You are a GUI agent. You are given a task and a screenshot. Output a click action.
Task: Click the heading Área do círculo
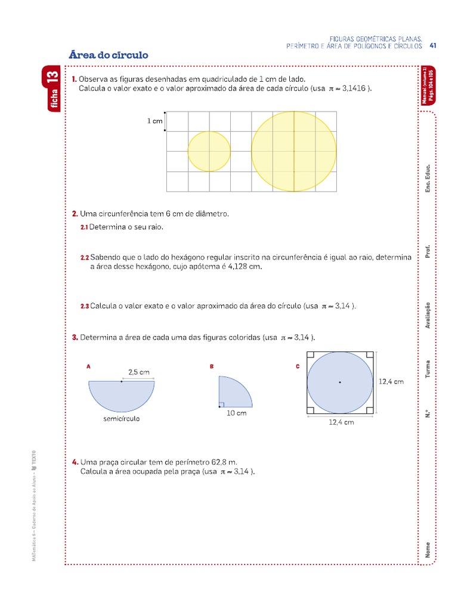(109, 55)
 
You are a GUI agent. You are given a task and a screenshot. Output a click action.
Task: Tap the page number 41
(434, 45)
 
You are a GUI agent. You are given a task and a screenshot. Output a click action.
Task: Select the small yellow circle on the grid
(209, 152)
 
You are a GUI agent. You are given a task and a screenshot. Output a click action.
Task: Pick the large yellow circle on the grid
(293, 152)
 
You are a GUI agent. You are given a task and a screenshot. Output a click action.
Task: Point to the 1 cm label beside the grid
(155, 121)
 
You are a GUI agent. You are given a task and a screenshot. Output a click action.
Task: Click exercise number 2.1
(84, 227)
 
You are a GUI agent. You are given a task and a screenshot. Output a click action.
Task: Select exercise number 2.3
(84, 306)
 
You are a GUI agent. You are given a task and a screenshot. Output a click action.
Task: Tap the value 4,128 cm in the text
(245, 267)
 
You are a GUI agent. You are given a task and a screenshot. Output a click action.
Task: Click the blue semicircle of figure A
(121, 394)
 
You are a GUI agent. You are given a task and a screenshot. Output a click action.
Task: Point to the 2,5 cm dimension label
(138, 372)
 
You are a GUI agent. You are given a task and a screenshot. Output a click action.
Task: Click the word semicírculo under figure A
(121, 419)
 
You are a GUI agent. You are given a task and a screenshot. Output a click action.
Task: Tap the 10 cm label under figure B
(236, 413)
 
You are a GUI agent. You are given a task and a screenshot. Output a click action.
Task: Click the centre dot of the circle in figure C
(340, 382)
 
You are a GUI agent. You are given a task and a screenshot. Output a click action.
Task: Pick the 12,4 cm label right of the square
(391, 381)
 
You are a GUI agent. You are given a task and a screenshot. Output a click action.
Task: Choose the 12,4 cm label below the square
(342, 422)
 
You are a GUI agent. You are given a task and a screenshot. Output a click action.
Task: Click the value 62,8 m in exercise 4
(224, 462)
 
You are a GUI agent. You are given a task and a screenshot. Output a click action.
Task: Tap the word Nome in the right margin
(428, 550)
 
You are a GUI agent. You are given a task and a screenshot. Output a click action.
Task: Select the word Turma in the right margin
(428, 369)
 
